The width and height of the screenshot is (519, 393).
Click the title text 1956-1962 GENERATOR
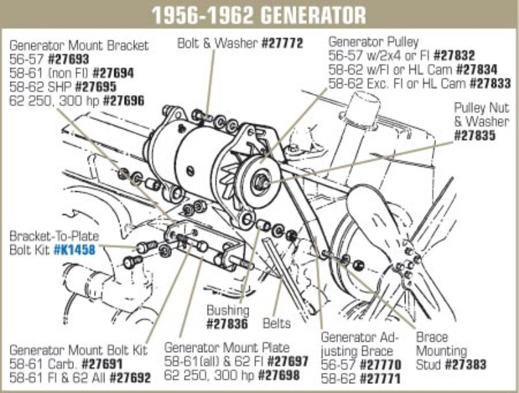pos(259,15)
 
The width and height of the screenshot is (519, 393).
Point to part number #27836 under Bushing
pos(228,322)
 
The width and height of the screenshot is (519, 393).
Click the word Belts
pos(276,322)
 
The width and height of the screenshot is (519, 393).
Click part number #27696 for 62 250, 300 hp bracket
pos(123,100)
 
